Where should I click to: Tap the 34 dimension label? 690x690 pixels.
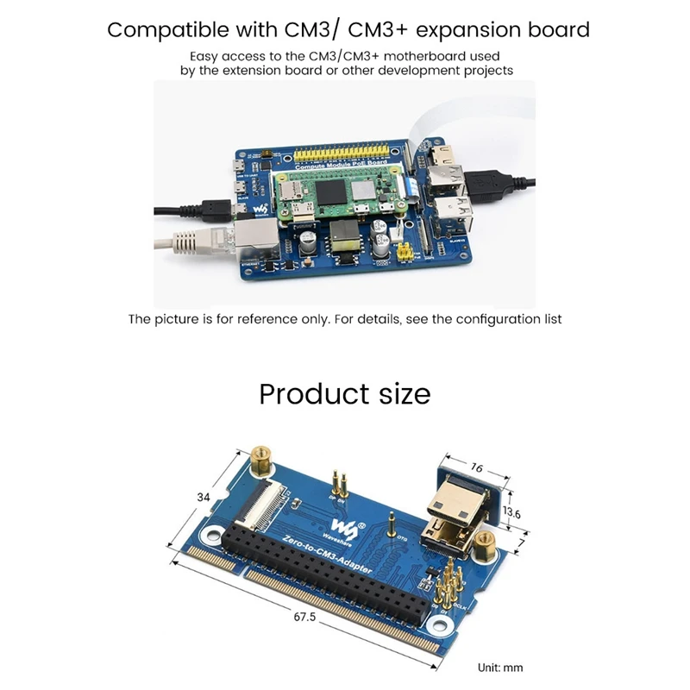[204, 498]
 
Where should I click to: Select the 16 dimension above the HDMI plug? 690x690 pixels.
[476, 469]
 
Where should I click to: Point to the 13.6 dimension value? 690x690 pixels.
[512, 511]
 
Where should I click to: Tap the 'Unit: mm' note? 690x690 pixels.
[500, 667]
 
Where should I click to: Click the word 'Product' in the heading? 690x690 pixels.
[306, 394]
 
